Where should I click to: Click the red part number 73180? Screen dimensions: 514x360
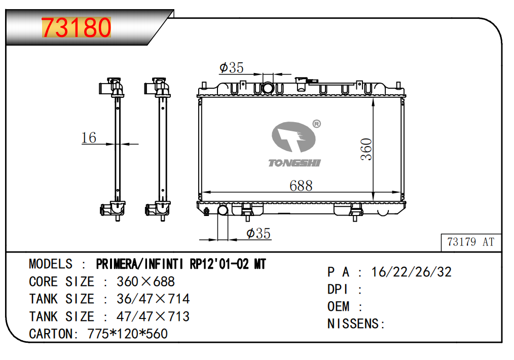[x=76, y=27]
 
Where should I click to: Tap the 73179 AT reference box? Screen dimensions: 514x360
[x=471, y=242]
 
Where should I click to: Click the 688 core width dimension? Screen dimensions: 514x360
[x=301, y=186]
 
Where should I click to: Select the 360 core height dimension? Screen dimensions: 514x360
[x=366, y=150]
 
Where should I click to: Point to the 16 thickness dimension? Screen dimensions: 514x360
[x=89, y=138]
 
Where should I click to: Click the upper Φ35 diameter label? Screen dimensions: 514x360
[x=232, y=68]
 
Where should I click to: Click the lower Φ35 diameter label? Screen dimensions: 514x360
[x=259, y=234]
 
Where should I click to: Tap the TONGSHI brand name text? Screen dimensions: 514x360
[x=295, y=163]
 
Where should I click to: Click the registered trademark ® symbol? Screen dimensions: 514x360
[x=316, y=124]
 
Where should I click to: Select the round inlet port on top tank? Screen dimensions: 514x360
[x=268, y=88]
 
